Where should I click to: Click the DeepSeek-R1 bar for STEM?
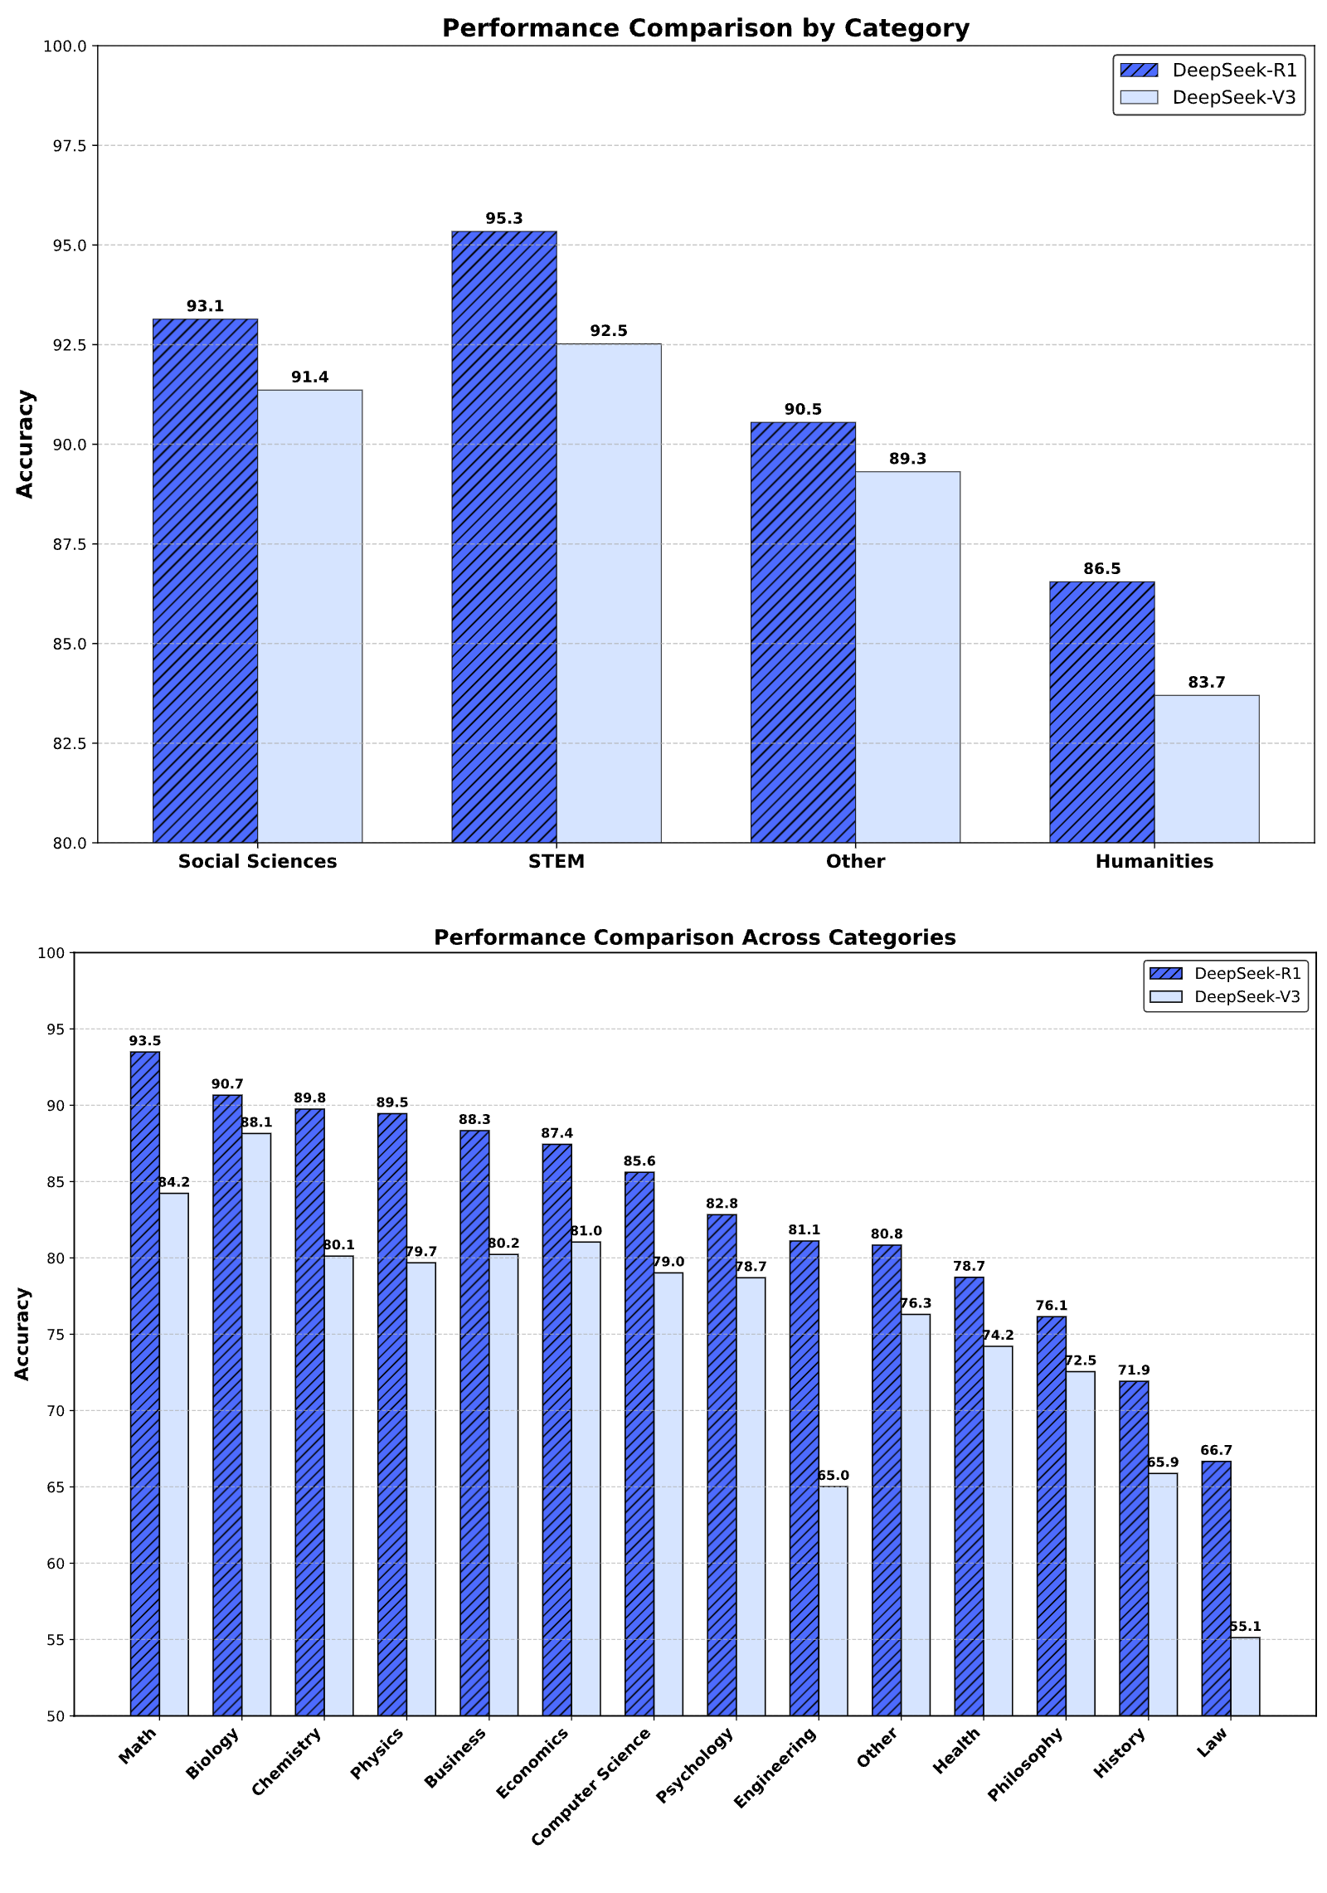(503, 537)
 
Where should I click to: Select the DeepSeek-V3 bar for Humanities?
(1206, 769)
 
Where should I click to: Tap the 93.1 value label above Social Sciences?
(205, 306)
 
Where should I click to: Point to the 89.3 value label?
(907, 459)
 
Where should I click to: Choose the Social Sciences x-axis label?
(257, 861)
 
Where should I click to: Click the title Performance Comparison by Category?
(706, 28)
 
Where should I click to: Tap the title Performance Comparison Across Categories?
(694, 937)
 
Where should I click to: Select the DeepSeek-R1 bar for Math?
(145, 1384)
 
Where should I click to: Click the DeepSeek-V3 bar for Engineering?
(833, 1601)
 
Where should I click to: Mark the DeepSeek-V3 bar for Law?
(1245, 1676)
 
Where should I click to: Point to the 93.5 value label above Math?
(145, 1041)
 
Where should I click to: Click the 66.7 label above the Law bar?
(1216, 1451)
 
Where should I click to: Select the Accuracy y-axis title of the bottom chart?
(22, 1334)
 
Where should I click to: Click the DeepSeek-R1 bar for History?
(1134, 1548)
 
